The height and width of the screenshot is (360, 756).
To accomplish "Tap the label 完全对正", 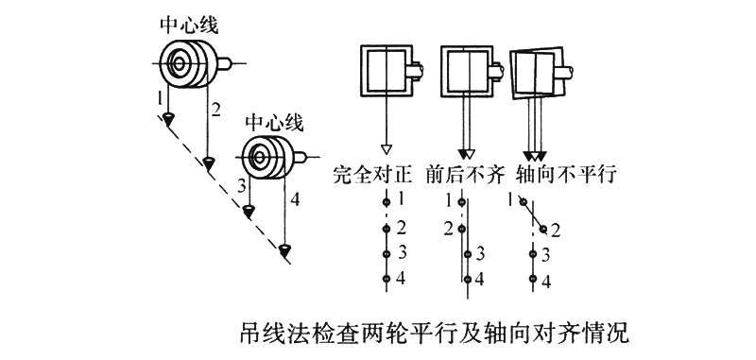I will click(373, 175).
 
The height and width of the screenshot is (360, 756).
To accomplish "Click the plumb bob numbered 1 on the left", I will click(167, 118).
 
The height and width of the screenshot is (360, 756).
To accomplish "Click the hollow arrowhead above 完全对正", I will click(385, 149).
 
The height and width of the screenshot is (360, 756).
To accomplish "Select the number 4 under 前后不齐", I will click(480, 279).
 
